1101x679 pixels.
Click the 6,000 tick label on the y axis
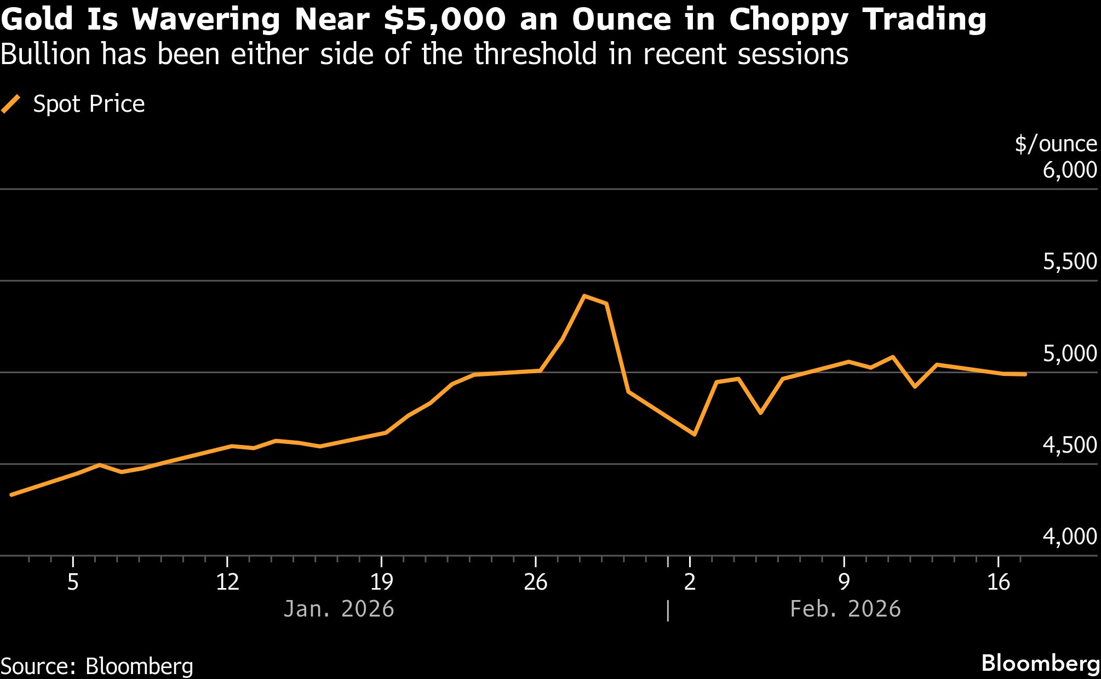[1070, 170]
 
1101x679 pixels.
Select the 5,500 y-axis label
[1070, 262]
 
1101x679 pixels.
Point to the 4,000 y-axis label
[1070, 537]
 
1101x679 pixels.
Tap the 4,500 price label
[1070, 446]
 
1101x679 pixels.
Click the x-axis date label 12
[227, 582]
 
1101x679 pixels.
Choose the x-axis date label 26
[535, 582]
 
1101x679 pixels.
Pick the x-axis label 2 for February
[690, 582]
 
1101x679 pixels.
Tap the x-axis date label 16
[998, 582]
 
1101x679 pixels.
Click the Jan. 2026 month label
[339, 609]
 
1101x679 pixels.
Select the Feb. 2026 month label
[845, 609]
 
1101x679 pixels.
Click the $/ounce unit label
[1056, 144]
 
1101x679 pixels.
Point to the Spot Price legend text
[89, 104]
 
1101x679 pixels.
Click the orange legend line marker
[11, 104]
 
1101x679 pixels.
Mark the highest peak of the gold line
[584, 296]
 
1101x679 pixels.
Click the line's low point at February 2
[695, 435]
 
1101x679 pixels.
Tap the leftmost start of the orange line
[12, 495]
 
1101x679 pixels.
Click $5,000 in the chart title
[444, 20]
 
